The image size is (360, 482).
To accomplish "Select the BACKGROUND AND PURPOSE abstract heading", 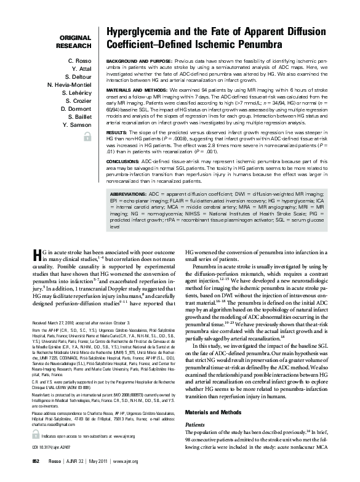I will click(138, 62).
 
